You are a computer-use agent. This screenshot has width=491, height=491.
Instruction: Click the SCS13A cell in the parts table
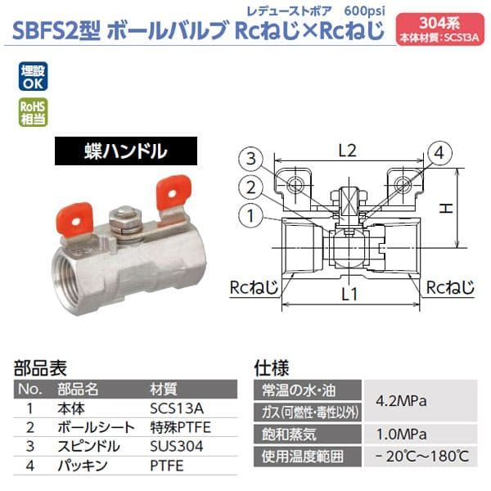171,407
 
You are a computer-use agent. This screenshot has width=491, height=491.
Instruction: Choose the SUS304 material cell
171,447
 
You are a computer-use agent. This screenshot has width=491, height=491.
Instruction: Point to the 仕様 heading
273,368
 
